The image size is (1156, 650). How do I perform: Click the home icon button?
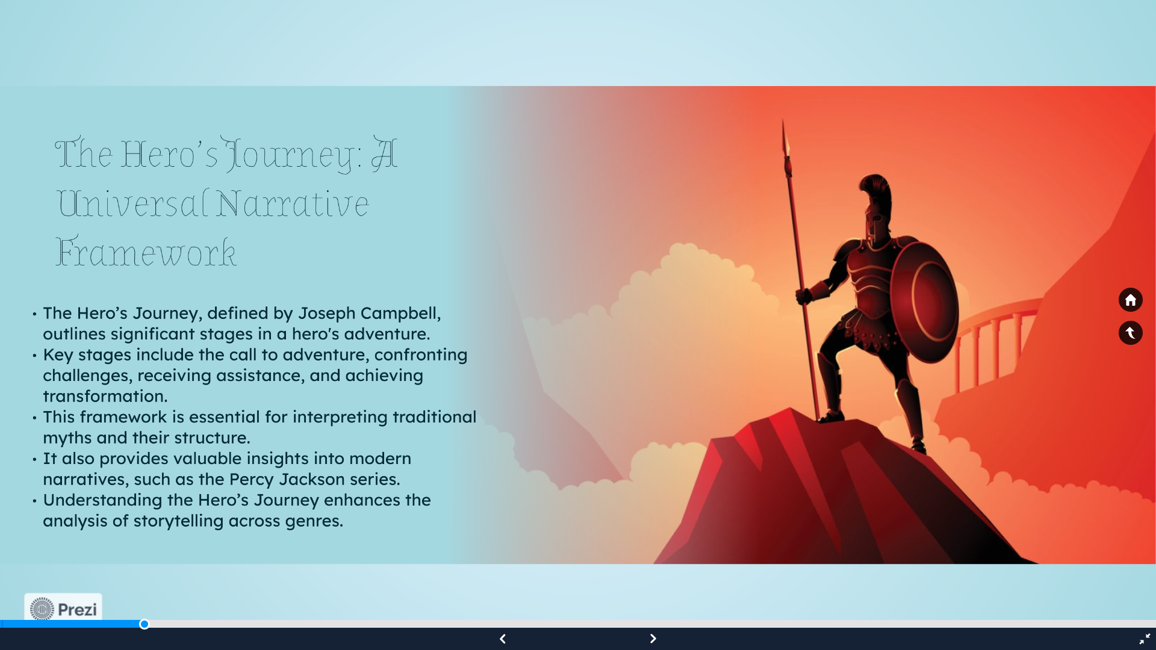click(1130, 300)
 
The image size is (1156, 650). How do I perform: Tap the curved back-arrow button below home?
click(1130, 333)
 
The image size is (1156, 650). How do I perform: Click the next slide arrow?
click(653, 639)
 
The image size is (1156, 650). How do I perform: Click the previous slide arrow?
click(503, 639)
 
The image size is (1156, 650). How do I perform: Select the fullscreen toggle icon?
click(1145, 639)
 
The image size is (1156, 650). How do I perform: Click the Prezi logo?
click(63, 608)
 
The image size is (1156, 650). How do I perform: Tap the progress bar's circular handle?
click(144, 624)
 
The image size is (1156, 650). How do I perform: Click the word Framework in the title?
click(146, 252)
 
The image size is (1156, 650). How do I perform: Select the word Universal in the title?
click(132, 203)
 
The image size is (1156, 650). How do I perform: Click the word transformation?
click(105, 397)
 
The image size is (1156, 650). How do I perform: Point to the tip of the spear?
click(783, 120)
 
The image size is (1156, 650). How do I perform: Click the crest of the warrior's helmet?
click(875, 191)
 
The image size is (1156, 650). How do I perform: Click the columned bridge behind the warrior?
click(993, 343)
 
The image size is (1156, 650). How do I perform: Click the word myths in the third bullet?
click(67, 438)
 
